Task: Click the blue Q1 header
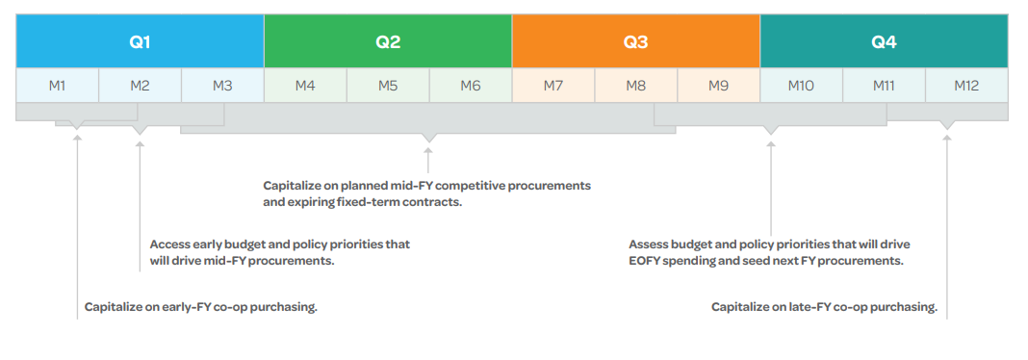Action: (140, 40)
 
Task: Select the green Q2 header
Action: (388, 40)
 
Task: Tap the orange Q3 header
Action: (636, 40)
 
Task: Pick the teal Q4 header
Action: (884, 40)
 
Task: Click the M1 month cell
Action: (57, 86)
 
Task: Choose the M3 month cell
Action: (222, 86)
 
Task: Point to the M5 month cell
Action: (388, 86)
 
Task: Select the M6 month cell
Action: (471, 86)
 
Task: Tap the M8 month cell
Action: (636, 86)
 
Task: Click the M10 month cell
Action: (801, 86)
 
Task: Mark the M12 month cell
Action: (967, 86)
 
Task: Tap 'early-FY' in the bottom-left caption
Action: (181, 307)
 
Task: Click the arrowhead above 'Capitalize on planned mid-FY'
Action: (428, 151)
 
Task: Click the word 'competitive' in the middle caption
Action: (476, 186)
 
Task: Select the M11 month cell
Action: (884, 86)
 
